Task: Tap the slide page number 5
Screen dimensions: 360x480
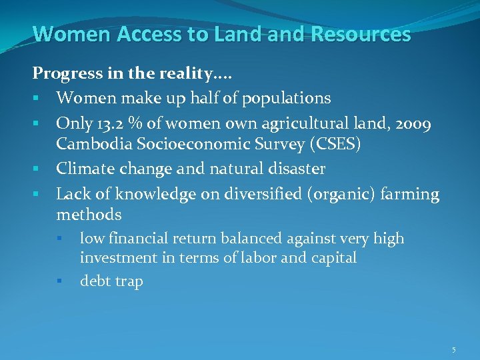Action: coord(453,350)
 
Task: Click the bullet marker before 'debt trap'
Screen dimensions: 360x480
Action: coord(59,281)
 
